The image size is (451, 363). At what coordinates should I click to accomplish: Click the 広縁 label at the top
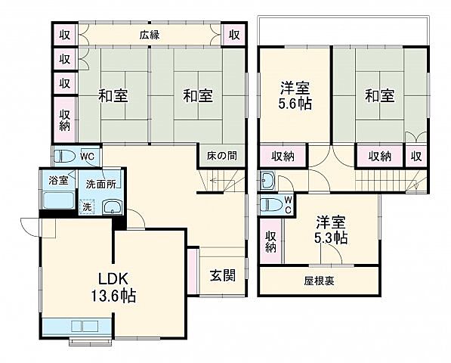(148, 34)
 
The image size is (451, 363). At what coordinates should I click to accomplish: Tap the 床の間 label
(221, 156)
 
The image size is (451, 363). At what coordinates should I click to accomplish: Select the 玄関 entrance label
(223, 275)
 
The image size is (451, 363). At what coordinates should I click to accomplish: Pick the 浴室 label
(58, 180)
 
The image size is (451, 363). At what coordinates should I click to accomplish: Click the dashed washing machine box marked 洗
(87, 206)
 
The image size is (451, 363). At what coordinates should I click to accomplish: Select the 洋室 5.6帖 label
(293, 95)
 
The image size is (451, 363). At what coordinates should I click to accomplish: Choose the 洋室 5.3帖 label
(332, 230)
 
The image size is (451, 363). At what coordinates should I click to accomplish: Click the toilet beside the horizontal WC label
(65, 157)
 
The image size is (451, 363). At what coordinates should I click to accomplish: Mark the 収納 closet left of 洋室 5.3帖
(270, 240)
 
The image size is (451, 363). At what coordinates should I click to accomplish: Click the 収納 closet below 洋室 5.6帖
(283, 157)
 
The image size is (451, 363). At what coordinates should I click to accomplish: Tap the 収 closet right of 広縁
(234, 35)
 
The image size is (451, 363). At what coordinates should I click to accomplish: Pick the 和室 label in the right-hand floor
(379, 96)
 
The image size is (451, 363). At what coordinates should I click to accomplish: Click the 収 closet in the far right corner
(415, 157)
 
